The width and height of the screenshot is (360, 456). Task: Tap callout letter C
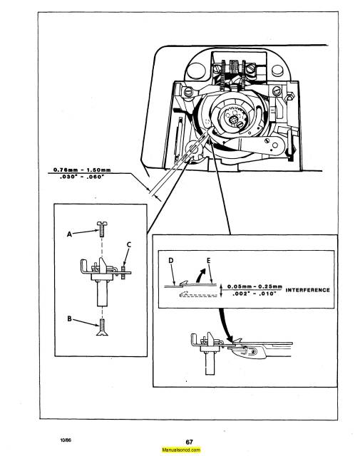(x=129, y=247)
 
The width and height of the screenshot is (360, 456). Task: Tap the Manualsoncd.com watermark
(x=180, y=450)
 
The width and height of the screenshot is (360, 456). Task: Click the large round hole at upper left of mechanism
(x=187, y=92)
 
